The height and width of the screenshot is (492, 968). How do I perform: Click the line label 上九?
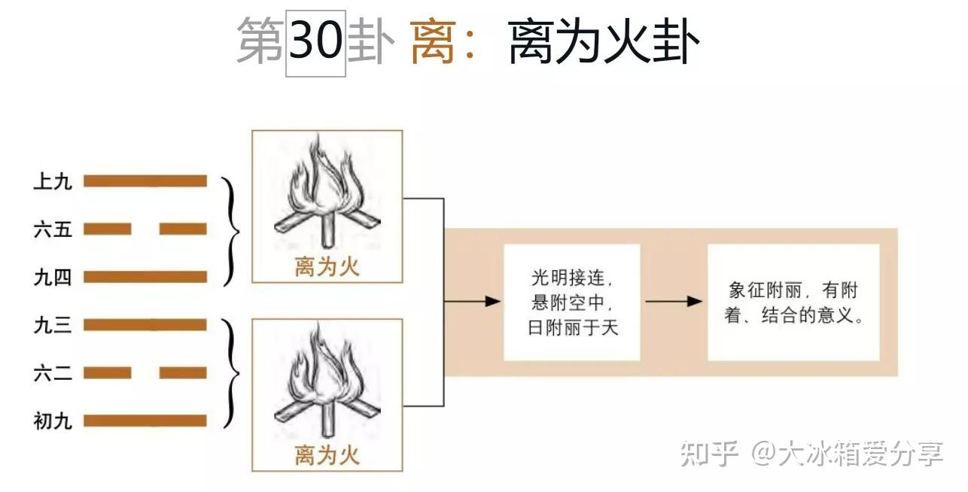(53, 181)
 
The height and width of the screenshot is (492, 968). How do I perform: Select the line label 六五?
(53, 229)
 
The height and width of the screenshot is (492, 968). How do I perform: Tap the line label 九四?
(53, 278)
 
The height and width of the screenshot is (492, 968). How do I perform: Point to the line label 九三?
(53, 325)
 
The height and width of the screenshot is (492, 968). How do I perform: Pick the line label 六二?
(53, 373)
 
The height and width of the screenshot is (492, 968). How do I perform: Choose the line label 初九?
(53, 421)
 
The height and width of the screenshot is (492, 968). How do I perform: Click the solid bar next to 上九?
(145, 181)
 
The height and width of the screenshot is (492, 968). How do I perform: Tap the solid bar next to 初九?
(145, 421)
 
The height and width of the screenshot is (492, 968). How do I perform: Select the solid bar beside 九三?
(145, 325)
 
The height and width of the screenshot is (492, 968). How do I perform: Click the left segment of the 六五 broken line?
(107, 229)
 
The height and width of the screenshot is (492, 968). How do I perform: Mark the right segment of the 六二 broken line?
(183, 373)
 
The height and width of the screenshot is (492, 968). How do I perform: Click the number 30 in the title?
(316, 41)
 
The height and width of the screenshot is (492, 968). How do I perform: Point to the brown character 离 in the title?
(433, 42)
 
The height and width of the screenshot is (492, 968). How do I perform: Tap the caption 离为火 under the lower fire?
(327, 455)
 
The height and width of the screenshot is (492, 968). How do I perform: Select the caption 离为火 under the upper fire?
(327, 267)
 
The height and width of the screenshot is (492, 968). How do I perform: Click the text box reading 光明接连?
(572, 302)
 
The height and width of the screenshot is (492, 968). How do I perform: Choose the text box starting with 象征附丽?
(794, 302)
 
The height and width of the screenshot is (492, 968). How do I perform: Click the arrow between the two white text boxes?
(674, 301)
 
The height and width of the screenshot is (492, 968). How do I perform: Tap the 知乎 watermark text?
(710, 454)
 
